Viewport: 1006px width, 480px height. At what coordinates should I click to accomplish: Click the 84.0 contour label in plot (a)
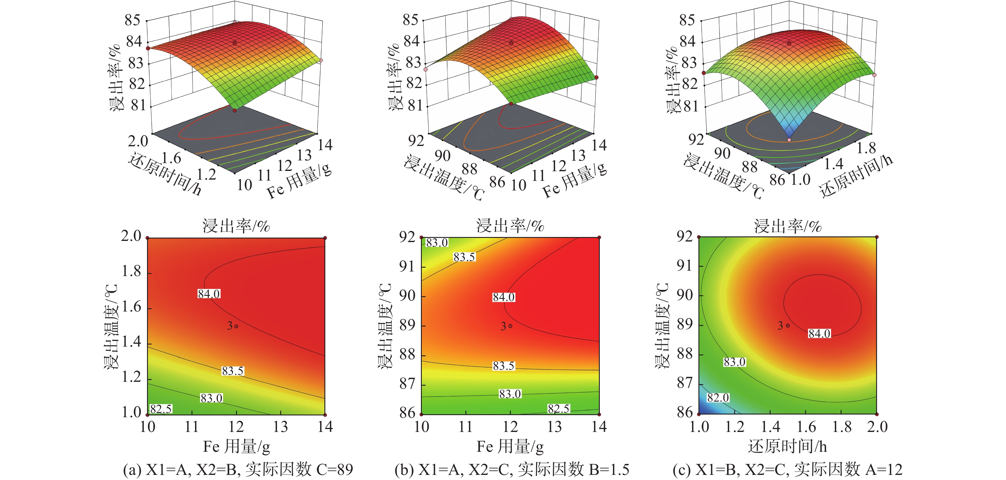point(209,293)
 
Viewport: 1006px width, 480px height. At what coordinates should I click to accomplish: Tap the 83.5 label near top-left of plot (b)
point(464,257)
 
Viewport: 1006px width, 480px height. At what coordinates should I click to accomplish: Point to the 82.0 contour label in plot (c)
point(718,397)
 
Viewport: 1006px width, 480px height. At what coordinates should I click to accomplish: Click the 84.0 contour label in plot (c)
point(819,333)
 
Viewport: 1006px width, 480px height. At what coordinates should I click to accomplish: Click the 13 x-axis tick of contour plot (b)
point(554,427)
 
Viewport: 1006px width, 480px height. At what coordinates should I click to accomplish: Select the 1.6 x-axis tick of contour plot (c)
point(806,427)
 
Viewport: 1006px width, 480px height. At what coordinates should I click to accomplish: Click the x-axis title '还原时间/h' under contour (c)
point(787,446)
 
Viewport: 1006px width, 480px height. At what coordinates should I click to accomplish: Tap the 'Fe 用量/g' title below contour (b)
point(510,446)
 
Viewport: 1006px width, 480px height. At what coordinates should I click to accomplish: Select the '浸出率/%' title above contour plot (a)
point(236,226)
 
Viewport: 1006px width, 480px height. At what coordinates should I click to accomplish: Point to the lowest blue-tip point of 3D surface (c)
point(789,140)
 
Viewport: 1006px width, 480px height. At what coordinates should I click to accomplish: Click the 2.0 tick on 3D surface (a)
point(138,141)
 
